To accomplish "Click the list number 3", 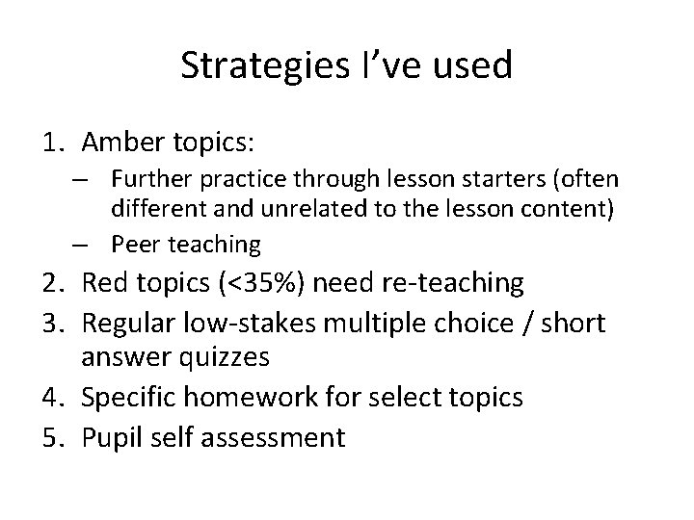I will pyautogui.click(x=54, y=323).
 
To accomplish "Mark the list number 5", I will pyautogui.click(x=54, y=436).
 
